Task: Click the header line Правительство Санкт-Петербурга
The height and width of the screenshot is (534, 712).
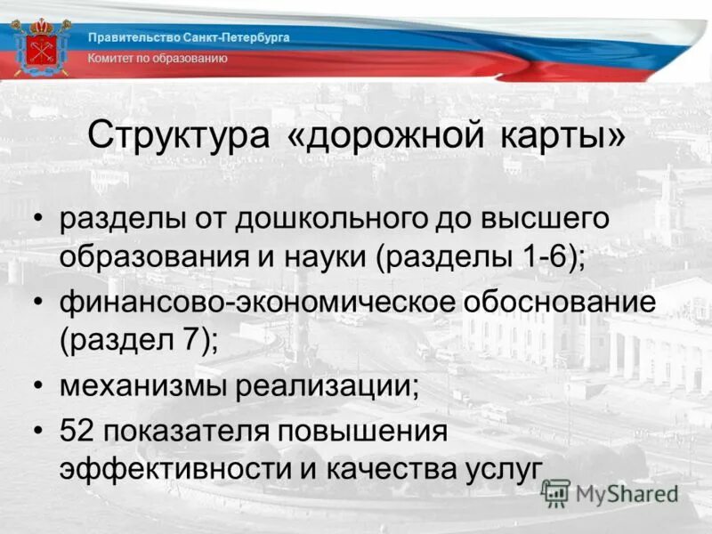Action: pyautogui.click(x=189, y=37)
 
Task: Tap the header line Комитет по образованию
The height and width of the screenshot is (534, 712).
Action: pyautogui.click(x=158, y=58)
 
